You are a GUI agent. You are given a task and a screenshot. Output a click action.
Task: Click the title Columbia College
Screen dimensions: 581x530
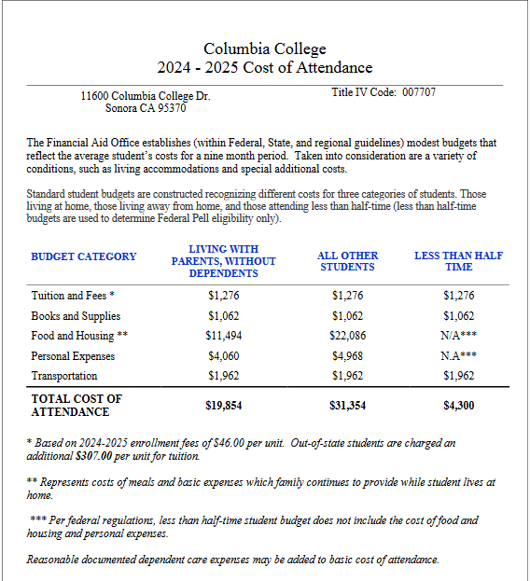pyautogui.click(x=265, y=48)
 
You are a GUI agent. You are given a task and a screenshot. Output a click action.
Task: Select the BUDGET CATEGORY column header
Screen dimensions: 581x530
pyautogui.click(x=84, y=256)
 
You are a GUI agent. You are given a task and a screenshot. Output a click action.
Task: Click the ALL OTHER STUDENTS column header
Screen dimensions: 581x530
pyautogui.click(x=347, y=261)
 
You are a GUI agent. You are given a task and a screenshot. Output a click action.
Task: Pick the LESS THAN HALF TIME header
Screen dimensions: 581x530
pyautogui.click(x=458, y=261)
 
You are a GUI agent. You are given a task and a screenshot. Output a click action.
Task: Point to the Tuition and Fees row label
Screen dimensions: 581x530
pyautogui.click(x=73, y=296)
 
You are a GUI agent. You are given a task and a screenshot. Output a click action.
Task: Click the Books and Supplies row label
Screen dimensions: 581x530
pyautogui.click(x=76, y=316)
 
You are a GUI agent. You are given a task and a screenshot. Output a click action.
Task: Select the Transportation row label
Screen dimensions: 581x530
pyautogui.click(x=64, y=376)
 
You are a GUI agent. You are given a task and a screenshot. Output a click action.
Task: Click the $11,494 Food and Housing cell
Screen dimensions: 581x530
pyautogui.click(x=224, y=336)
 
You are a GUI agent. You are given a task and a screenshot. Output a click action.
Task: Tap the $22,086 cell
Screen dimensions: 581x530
pyautogui.click(x=348, y=336)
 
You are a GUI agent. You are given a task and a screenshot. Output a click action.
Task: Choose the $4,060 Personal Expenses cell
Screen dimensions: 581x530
pyautogui.click(x=224, y=356)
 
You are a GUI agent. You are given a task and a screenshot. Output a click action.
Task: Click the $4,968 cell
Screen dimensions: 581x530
pyautogui.click(x=348, y=356)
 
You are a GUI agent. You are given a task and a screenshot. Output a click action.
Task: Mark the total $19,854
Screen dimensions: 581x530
pyautogui.click(x=224, y=406)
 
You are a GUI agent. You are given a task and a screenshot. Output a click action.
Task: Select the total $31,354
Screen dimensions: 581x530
pyautogui.click(x=348, y=406)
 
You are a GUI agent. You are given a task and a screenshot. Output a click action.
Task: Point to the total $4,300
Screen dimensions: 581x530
pyautogui.click(x=458, y=406)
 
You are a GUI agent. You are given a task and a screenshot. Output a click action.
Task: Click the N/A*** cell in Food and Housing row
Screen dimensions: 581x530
pyautogui.click(x=458, y=336)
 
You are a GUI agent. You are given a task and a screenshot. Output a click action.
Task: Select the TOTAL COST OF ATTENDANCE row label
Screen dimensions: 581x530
pyautogui.click(x=77, y=405)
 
